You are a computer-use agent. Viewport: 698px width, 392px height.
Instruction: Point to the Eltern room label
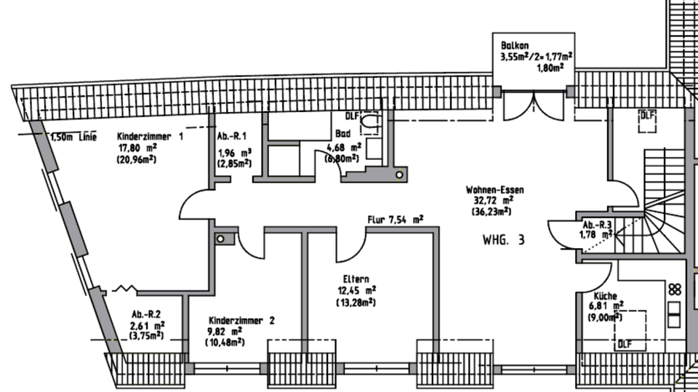coord(356,279)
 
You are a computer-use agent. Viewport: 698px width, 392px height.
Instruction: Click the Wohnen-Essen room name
coord(495,190)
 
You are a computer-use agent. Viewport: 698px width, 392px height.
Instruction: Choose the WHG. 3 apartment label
coord(503,239)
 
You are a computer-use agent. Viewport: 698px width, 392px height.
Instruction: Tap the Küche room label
coord(605,297)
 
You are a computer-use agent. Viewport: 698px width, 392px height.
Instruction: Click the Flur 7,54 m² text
coord(396,218)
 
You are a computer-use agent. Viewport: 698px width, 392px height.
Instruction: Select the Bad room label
coord(342,134)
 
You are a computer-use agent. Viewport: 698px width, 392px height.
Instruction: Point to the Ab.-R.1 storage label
coord(232,136)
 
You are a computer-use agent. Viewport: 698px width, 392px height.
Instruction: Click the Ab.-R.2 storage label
coord(145,315)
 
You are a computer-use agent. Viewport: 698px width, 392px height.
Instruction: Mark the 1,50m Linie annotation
coord(73,136)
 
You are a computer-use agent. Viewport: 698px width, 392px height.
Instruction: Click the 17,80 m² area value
coord(137,148)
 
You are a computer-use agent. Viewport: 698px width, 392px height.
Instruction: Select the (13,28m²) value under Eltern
coord(356,302)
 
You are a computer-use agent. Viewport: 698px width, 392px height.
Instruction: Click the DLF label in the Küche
coord(624,344)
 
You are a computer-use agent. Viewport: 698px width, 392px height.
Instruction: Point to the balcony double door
coord(534,107)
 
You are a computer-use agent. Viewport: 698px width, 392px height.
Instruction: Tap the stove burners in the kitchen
coord(675,288)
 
